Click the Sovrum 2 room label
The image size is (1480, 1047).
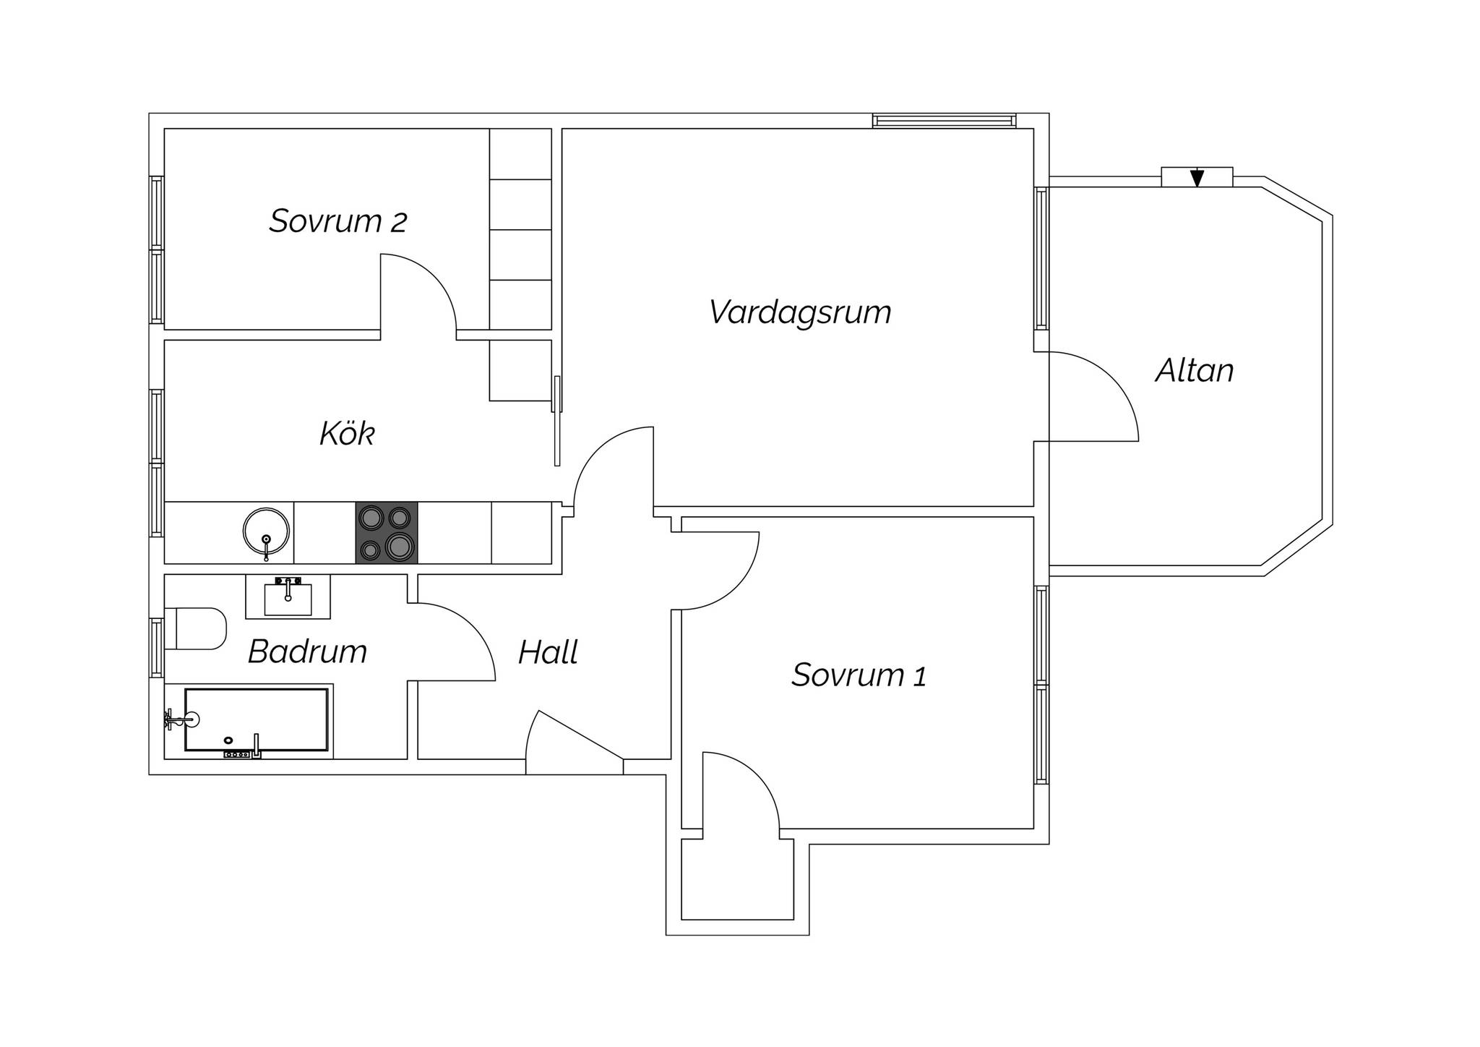tap(338, 221)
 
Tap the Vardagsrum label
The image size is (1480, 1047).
tap(800, 312)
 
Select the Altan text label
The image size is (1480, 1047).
tap(1195, 370)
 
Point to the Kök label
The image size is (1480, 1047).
tap(348, 433)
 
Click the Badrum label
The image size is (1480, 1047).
tap(308, 651)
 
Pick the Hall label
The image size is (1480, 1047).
tap(548, 652)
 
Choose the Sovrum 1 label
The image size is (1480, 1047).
tap(859, 675)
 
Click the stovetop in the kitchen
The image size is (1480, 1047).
tap(387, 533)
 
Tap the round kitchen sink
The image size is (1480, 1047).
tap(266, 533)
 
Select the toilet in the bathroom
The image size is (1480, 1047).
tap(196, 628)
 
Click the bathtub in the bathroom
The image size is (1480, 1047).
tap(257, 719)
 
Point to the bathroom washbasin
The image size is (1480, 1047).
tap(288, 597)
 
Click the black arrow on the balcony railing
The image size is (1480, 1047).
tap(1197, 177)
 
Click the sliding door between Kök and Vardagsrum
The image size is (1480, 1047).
tap(557, 421)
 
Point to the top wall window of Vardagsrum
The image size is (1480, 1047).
tap(945, 121)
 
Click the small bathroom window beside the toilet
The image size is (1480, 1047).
tap(156, 648)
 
